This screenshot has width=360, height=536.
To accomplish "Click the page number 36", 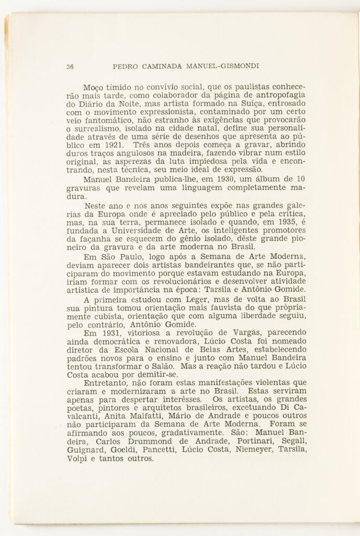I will click(x=70, y=66).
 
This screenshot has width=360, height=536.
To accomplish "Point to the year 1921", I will click(x=112, y=144).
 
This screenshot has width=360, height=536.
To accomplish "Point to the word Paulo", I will click(x=123, y=256).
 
